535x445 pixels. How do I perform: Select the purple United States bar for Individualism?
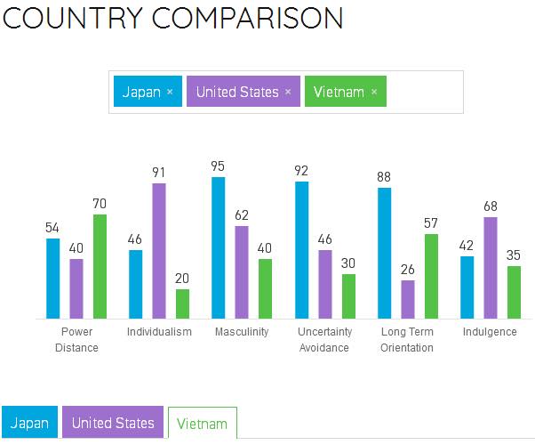click(x=159, y=250)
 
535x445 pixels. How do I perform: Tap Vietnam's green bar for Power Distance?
click(x=100, y=266)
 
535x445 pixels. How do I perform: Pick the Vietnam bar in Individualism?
click(x=182, y=303)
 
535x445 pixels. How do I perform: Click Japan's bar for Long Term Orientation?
click(x=384, y=253)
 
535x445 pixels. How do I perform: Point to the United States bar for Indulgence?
click(x=490, y=267)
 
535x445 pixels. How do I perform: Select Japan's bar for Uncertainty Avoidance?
click(x=301, y=250)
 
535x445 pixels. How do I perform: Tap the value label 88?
click(x=384, y=176)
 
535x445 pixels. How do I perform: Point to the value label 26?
click(x=407, y=270)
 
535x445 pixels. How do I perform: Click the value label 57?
click(x=431, y=223)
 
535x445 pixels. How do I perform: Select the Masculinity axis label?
click(x=242, y=332)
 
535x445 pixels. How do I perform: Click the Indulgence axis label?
click(x=490, y=332)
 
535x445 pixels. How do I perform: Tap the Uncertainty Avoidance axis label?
click(x=324, y=339)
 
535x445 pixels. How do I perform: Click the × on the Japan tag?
click(x=170, y=92)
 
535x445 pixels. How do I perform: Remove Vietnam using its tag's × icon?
click(x=373, y=92)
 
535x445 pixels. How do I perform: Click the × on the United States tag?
click(x=288, y=92)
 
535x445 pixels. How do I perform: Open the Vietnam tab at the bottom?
click(x=202, y=424)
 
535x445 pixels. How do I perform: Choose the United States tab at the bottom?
click(x=113, y=423)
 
